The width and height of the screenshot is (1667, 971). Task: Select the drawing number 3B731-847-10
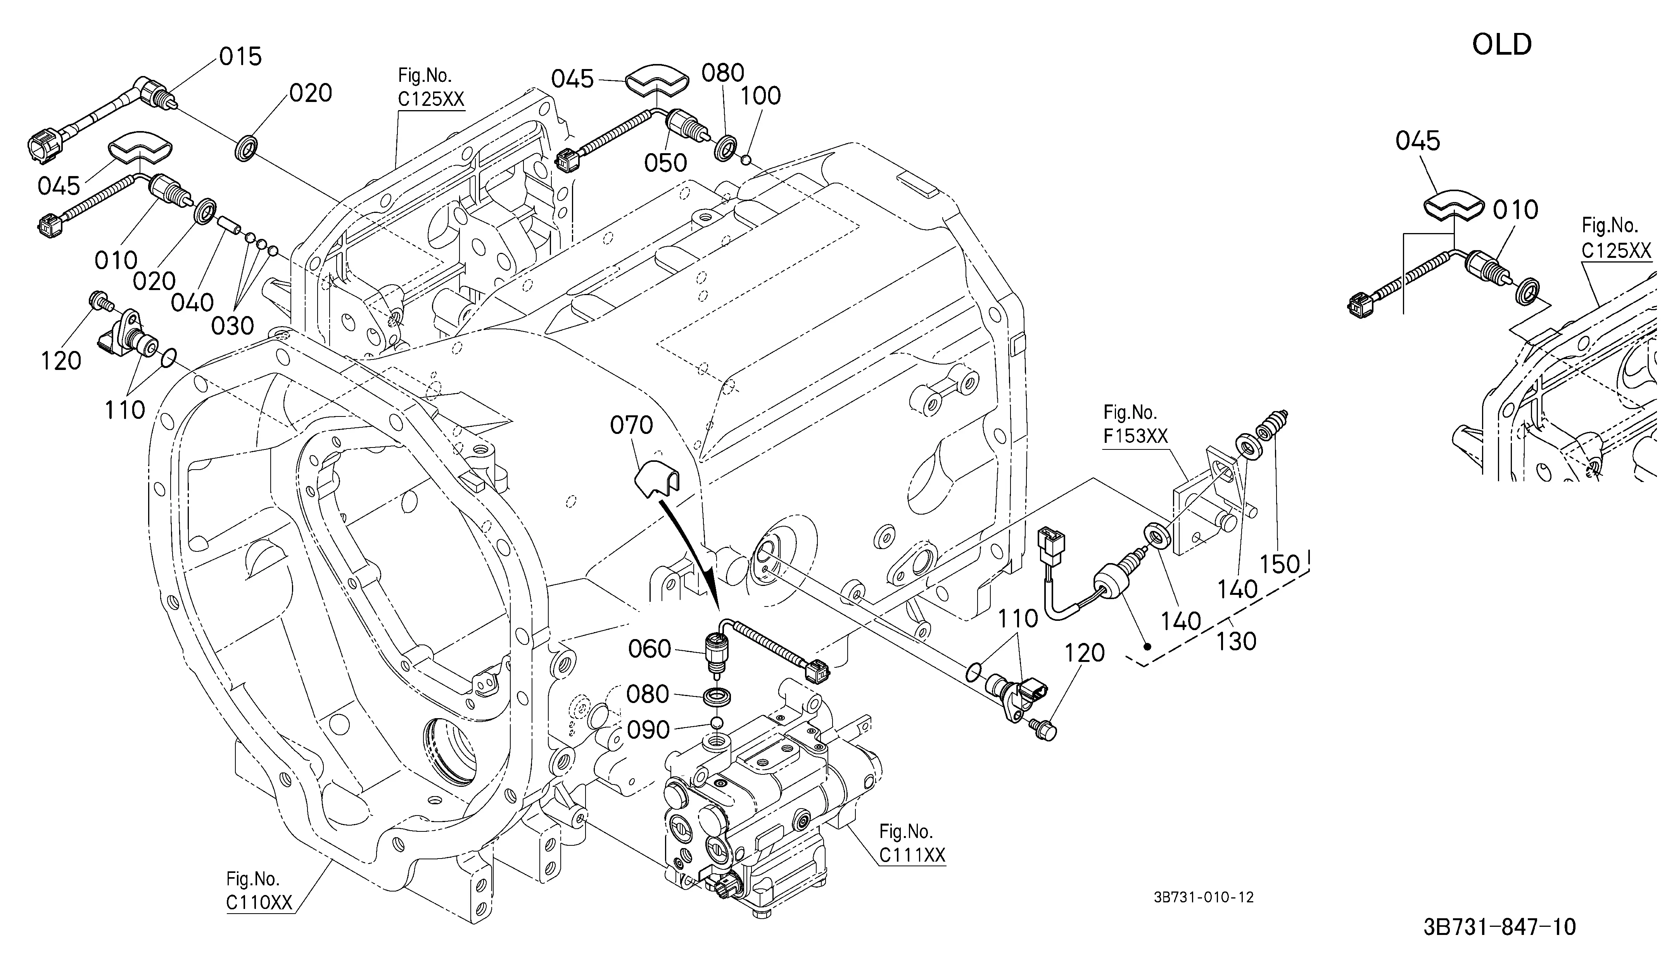[x=1499, y=927]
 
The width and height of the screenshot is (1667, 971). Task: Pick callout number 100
[x=761, y=96]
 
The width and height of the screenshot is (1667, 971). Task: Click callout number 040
[x=192, y=302]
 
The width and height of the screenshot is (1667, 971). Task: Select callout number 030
[x=233, y=325]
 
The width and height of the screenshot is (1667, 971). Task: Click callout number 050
[x=665, y=163]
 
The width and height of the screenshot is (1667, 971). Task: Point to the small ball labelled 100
[x=746, y=159]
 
